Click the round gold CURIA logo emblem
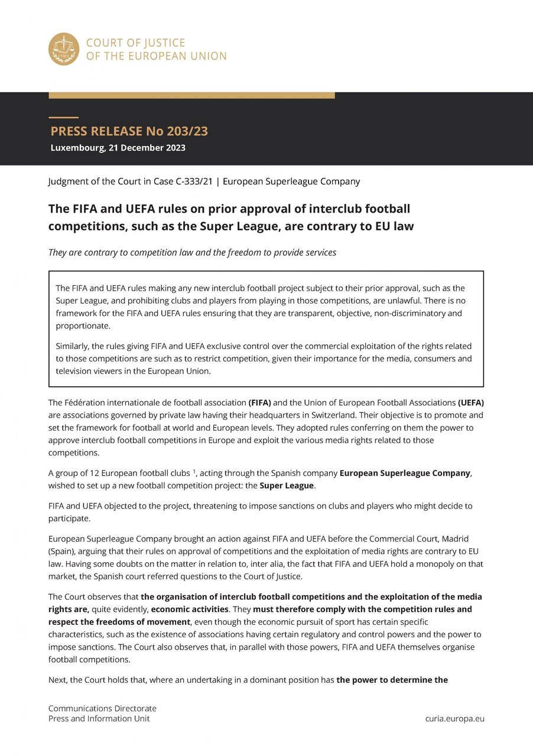pos(64,49)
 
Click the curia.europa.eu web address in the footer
pos(454,718)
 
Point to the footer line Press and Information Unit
pos(99,718)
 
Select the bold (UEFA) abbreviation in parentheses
pos(471,402)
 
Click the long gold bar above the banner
pos(191,95)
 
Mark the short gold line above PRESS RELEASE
pos(63,118)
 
